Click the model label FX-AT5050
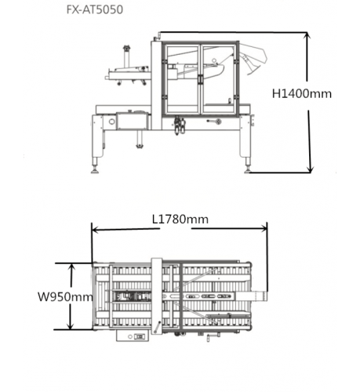click(95, 9)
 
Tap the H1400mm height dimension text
click(302, 93)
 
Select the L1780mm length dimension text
click(180, 220)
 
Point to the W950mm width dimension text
click(65, 297)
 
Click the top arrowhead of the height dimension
click(307, 36)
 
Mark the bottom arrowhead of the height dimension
click(310, 169)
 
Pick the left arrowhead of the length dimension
click(96, 230)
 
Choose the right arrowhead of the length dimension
click(263, 229)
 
